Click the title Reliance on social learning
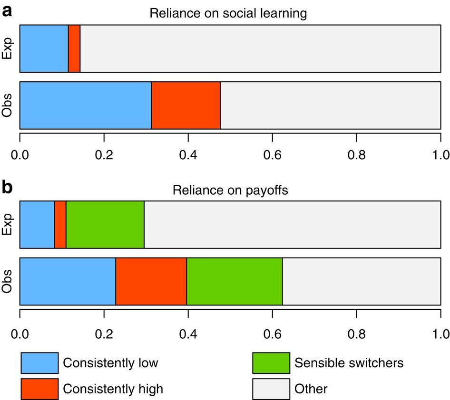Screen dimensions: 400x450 pos(228,13)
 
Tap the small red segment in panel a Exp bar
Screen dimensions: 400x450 pos(74,48)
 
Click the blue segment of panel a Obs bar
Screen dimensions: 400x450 pos(85,105)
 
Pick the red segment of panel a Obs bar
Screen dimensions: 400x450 pos(186,105)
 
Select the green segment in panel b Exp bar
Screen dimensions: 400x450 pos(105,224)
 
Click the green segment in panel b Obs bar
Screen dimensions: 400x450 pos(235,281)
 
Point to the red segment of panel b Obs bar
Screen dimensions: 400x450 pos(151,281)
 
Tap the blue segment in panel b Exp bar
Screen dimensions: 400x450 pos(37,224)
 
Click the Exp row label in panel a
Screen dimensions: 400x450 pos(8,48)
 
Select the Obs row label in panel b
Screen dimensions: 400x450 pos(8,281)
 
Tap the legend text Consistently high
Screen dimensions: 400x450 pos(113,389)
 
